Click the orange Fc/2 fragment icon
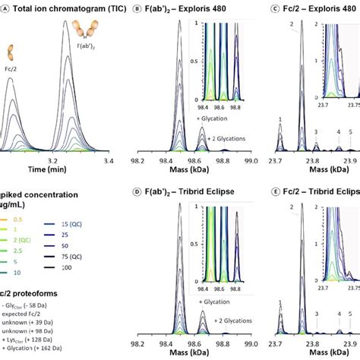10,53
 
